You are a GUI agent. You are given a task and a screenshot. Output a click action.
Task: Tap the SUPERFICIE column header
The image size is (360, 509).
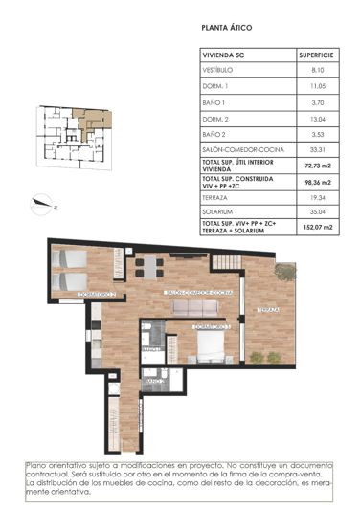(316, 55)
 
